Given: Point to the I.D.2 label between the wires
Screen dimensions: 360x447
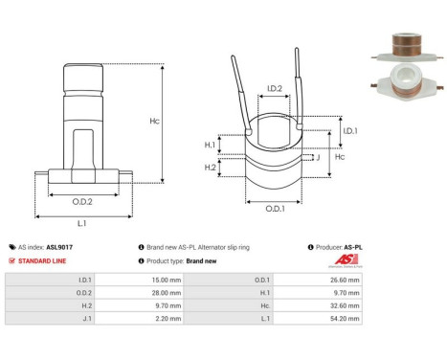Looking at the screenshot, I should pyautogui.click(x=273, y=89).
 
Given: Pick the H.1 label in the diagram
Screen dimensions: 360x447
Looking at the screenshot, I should pyautogui.click(x=210, y=145).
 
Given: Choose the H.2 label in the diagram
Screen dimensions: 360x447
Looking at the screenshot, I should pyautogui.click(x=210, y=167).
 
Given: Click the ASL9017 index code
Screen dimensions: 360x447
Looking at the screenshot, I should pyautogui.click(x=59, y=246).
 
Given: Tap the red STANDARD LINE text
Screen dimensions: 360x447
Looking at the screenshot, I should pyautogui.click(x=42, y=260).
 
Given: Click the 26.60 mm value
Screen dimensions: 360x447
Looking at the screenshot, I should pyautogui.click(x=346, y=281).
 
